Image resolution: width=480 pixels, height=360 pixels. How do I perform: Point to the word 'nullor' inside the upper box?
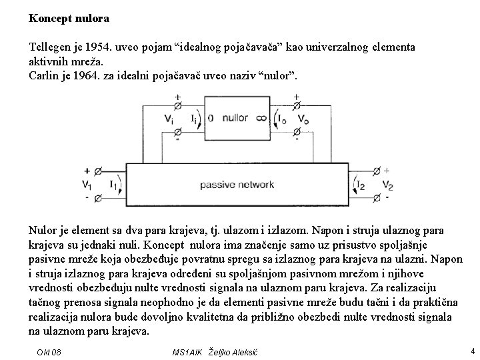[x=235, y=119]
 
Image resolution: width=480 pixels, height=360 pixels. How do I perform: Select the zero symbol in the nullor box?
[x=210, y=119]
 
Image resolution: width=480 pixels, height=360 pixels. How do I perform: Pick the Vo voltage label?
[x=303, y=120]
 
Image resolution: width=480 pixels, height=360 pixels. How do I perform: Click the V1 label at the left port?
[x=87, y=185]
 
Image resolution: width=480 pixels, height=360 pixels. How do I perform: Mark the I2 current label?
[x=360, y=185]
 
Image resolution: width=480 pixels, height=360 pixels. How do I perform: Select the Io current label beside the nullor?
[x=281, y=120]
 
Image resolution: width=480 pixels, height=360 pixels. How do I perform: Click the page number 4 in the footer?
[x=471, y=349]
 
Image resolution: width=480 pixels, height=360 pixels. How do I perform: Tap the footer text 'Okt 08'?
[x=49, y=351]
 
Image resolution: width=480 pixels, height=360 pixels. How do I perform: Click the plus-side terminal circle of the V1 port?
[x=99, y=171]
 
